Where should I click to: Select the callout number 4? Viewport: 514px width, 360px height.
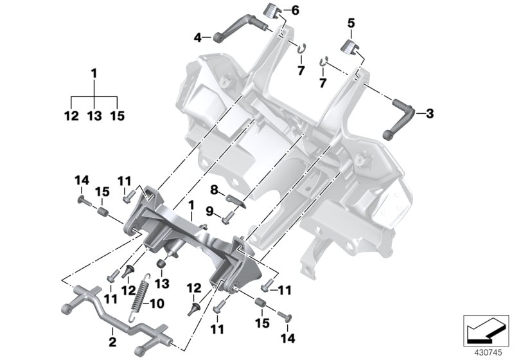point(199,37)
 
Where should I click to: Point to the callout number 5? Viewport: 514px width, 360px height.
point(351,22)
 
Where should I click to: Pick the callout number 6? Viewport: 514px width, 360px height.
point(296,10)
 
